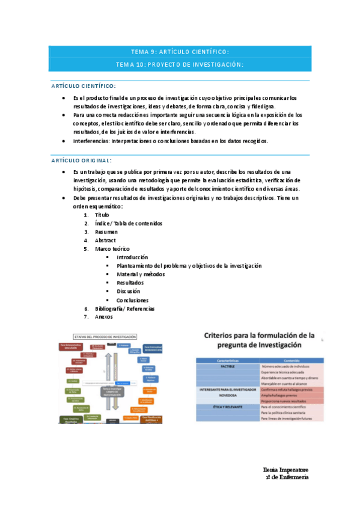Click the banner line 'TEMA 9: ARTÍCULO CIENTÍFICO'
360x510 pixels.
point(180,52)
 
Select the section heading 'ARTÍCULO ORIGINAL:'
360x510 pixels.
point(81,160)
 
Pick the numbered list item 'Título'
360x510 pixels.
point(102,215)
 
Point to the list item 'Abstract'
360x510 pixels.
point(106,240)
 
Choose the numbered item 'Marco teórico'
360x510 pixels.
point(112,248)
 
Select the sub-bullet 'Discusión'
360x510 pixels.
point(129,291)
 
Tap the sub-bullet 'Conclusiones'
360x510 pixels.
point(133,300)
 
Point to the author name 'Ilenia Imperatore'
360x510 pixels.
point(285,469)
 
